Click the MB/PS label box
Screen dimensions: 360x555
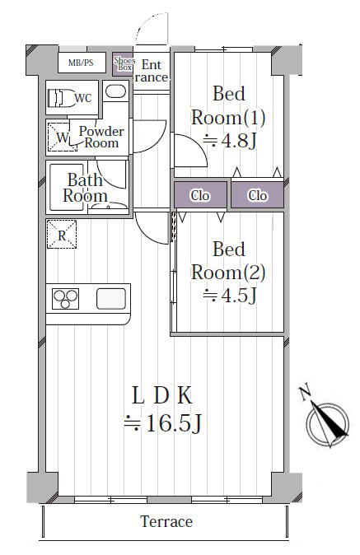82,63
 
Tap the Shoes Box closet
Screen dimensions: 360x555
124,64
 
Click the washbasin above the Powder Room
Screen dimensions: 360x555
115,91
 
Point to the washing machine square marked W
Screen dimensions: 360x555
63,137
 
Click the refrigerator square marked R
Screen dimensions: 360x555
62,234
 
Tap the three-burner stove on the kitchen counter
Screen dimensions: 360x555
65,299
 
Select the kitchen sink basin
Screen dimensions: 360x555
111,298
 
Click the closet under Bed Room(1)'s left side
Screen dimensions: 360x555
200,194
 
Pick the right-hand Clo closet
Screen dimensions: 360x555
257,194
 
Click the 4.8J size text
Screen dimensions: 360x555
230,141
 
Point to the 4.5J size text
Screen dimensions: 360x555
230,295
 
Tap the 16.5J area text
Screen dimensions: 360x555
162,422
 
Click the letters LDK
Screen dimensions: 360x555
162,395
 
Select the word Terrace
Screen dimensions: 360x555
166,521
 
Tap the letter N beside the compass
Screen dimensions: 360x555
305,392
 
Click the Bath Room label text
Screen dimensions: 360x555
85,188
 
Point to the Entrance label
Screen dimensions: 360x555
152,71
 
